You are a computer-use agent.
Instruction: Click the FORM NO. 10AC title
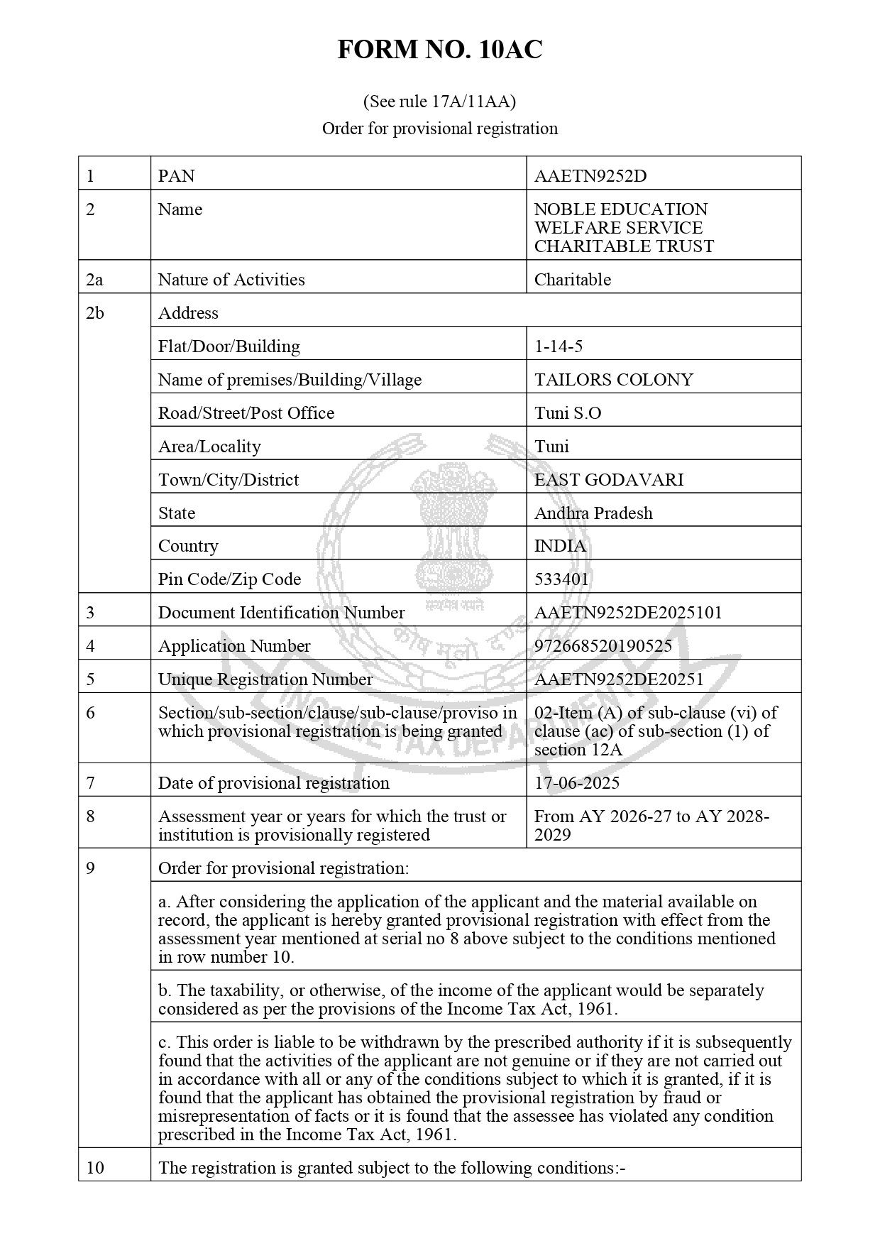439,50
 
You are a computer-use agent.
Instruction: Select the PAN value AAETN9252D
590,175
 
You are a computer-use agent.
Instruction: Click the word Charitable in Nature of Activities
572,279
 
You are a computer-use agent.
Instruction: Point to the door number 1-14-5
559,346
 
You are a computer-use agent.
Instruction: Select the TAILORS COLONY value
613,379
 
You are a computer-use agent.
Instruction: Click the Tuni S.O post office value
567,412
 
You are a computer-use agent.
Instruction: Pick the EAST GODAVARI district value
608,479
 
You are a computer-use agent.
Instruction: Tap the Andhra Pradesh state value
593,513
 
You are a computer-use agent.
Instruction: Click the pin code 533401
561,579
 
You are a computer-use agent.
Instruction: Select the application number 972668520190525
603,645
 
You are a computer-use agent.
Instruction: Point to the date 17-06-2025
576,782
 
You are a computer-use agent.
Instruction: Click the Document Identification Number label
281,612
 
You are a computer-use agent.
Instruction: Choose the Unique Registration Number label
265,679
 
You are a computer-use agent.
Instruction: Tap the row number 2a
94,279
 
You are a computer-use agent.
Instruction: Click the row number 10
94,1167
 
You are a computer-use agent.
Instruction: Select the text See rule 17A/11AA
439,102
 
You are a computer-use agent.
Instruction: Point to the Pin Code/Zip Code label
229,579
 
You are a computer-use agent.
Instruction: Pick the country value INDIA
560,545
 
